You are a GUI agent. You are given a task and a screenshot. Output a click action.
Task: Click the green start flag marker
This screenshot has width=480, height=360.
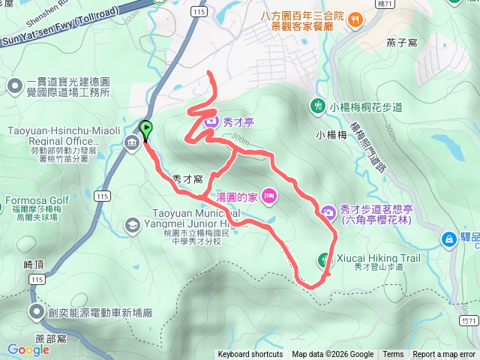145,129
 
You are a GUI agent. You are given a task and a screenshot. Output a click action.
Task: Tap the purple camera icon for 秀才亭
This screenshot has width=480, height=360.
211,120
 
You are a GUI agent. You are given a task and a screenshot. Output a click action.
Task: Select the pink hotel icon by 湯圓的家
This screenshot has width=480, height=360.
270,197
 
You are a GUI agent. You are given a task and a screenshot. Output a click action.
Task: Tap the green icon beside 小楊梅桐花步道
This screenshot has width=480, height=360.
319,106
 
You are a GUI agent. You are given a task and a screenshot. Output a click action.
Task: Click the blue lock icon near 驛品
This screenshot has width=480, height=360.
448,238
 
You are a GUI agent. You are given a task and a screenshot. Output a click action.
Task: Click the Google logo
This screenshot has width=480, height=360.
28,349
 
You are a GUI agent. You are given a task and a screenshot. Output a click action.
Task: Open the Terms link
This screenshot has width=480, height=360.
393,355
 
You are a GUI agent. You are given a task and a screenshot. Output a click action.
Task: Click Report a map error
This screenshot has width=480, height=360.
444,355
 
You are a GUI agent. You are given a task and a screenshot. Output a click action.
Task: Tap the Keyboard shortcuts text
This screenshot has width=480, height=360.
250,355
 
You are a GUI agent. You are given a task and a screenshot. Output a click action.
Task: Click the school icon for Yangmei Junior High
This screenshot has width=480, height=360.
132,224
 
